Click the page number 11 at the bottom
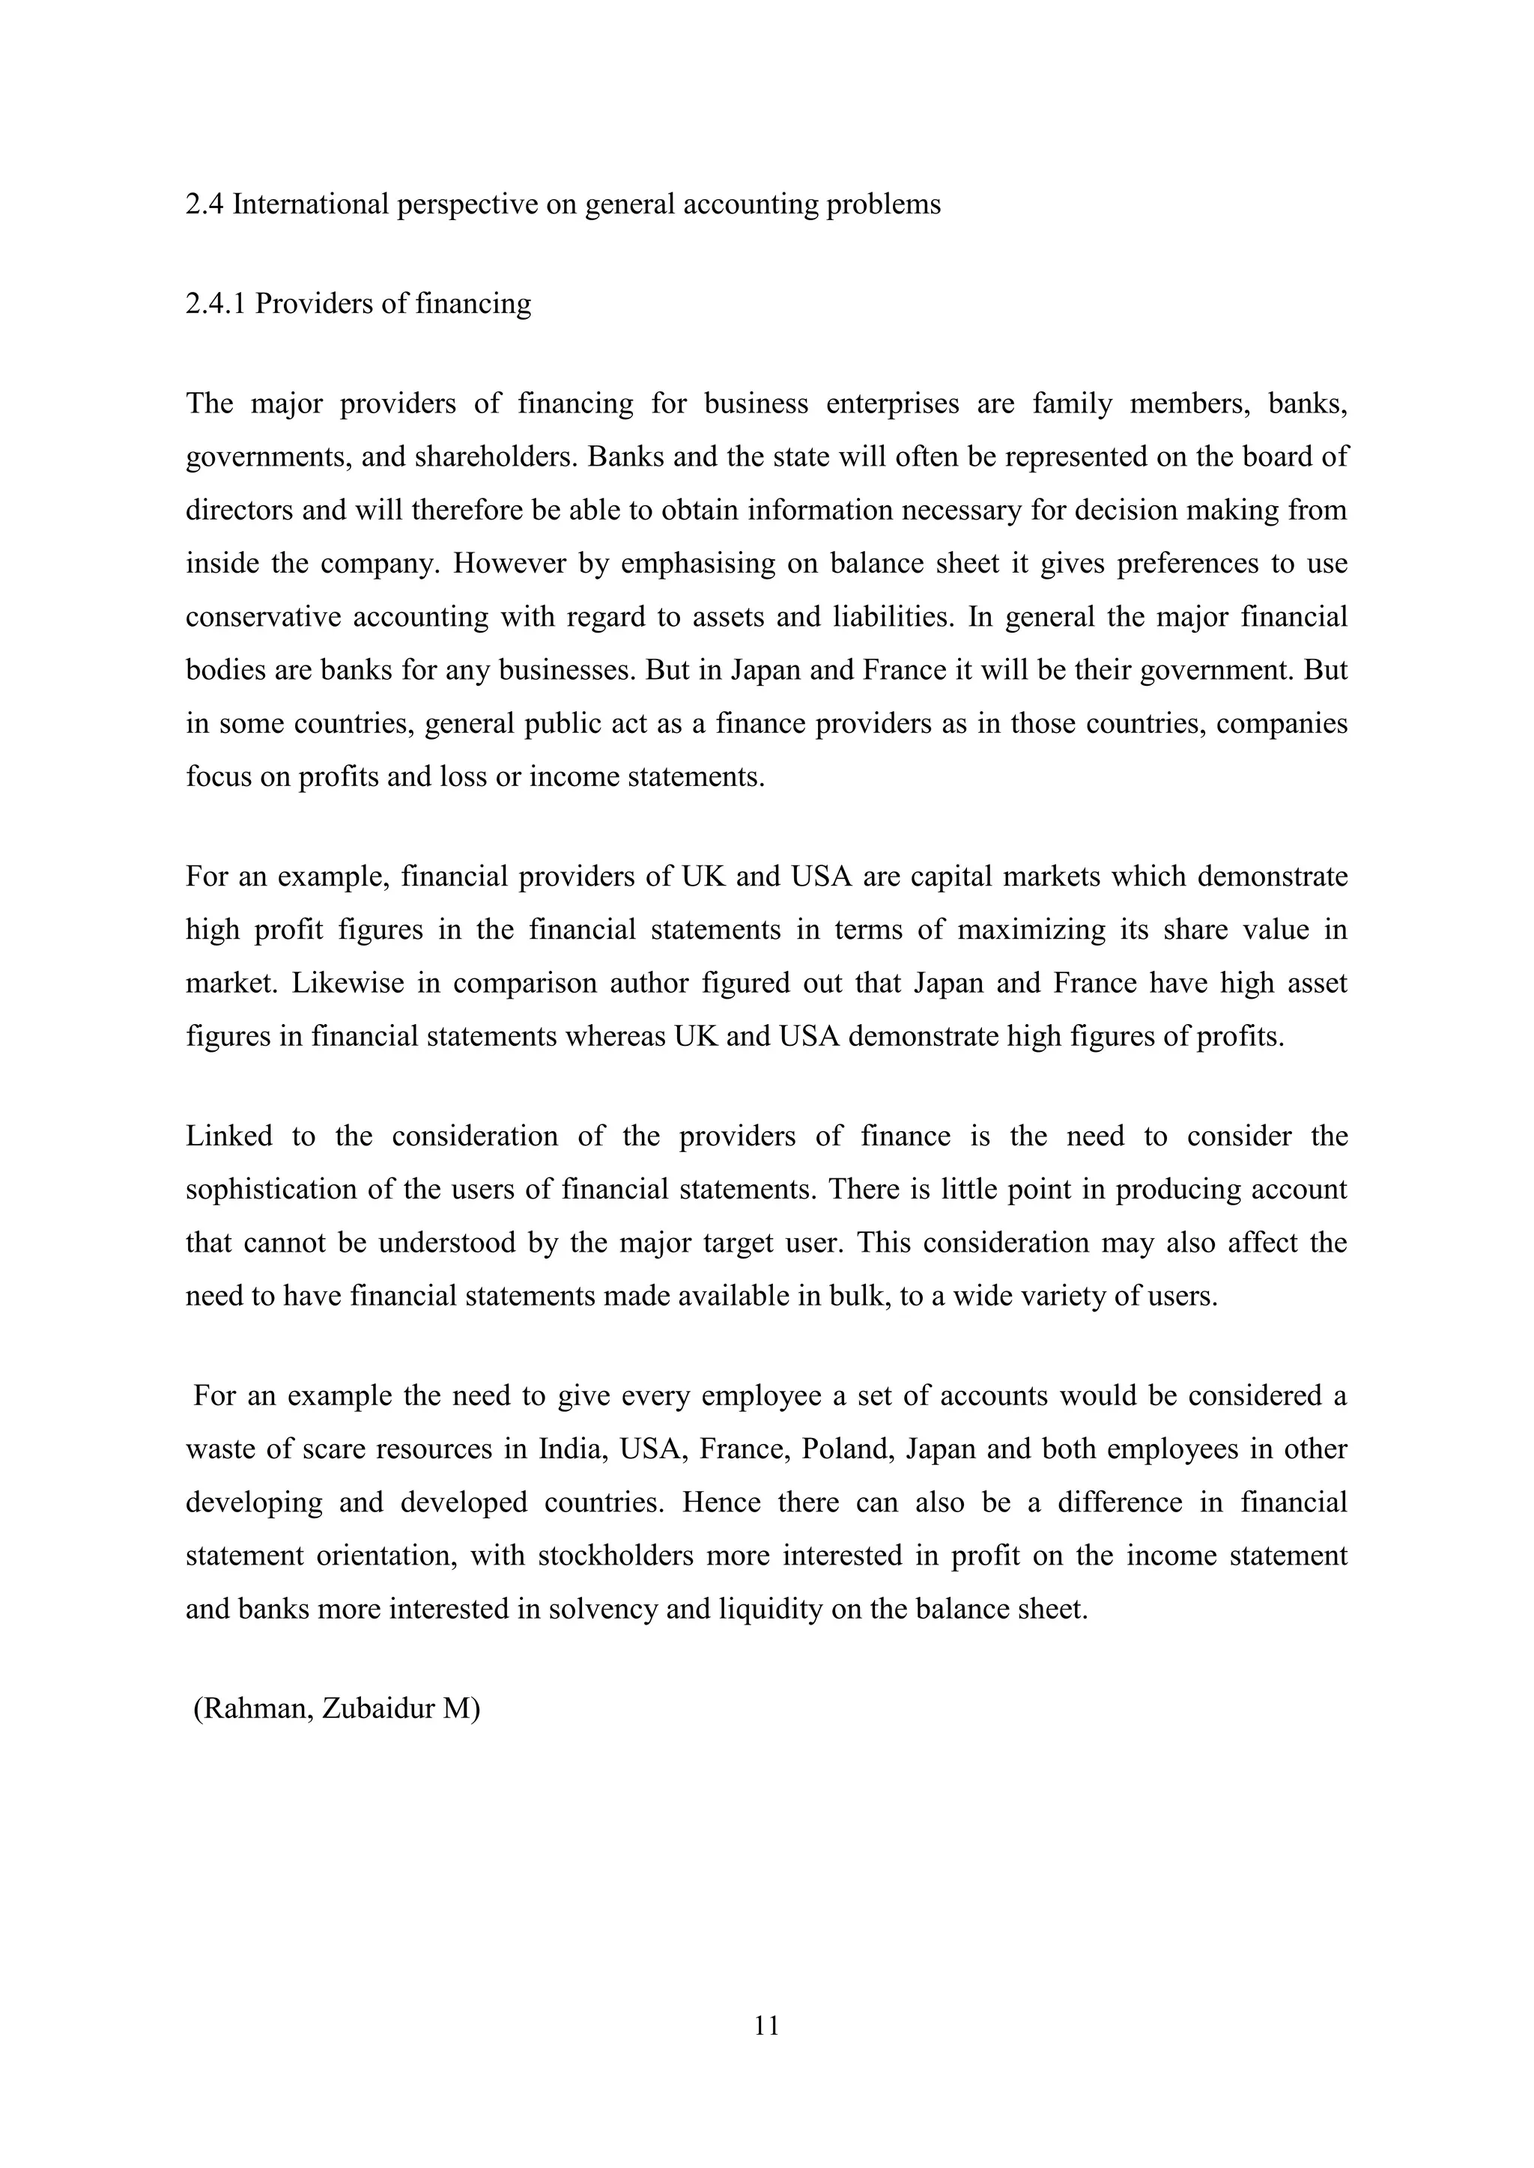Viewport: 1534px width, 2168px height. (x=766, y=2024)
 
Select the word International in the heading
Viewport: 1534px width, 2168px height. (x=310, y=204)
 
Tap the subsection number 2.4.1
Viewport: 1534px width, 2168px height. (x=216, y=303)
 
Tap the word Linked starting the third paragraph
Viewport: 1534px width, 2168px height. (x=228, y=1136)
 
